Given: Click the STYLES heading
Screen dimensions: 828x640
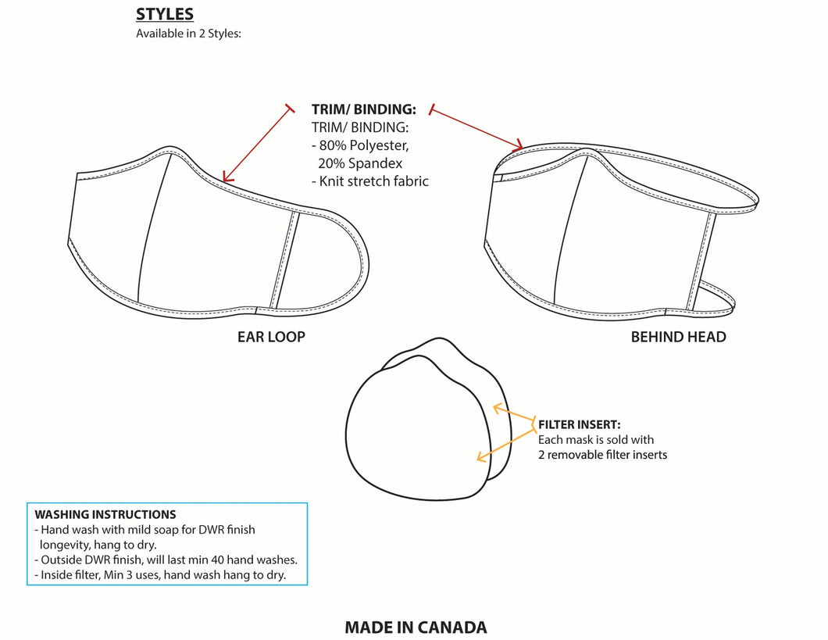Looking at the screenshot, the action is click(165, 14).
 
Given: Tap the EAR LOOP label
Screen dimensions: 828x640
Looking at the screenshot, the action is click(271, 337).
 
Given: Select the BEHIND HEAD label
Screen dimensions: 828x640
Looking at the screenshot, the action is click(678, 337).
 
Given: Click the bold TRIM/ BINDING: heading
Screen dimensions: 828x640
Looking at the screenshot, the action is click(364, 109).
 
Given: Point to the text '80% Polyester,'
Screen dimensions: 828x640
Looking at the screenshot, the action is click(364, 145).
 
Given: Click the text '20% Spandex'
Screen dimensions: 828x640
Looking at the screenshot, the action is click(360, 163).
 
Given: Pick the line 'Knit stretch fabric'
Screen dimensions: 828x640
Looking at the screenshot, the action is click(374, 181).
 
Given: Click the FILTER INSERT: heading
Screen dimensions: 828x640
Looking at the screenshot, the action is click(580, 424).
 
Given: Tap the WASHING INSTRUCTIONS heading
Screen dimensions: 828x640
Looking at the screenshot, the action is click(105, 514).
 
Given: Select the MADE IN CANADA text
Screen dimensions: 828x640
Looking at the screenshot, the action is click(416, 627).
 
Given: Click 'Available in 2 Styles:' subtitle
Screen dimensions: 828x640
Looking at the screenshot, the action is click(188, 34).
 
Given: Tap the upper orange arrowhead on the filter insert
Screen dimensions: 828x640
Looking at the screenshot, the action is click(498, 408).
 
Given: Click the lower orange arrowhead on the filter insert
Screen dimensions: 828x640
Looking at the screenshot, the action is click(481, 457).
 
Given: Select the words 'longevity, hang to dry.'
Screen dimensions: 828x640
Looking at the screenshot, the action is click(98, 545).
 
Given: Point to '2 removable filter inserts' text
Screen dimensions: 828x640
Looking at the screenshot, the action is click(602, 455).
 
